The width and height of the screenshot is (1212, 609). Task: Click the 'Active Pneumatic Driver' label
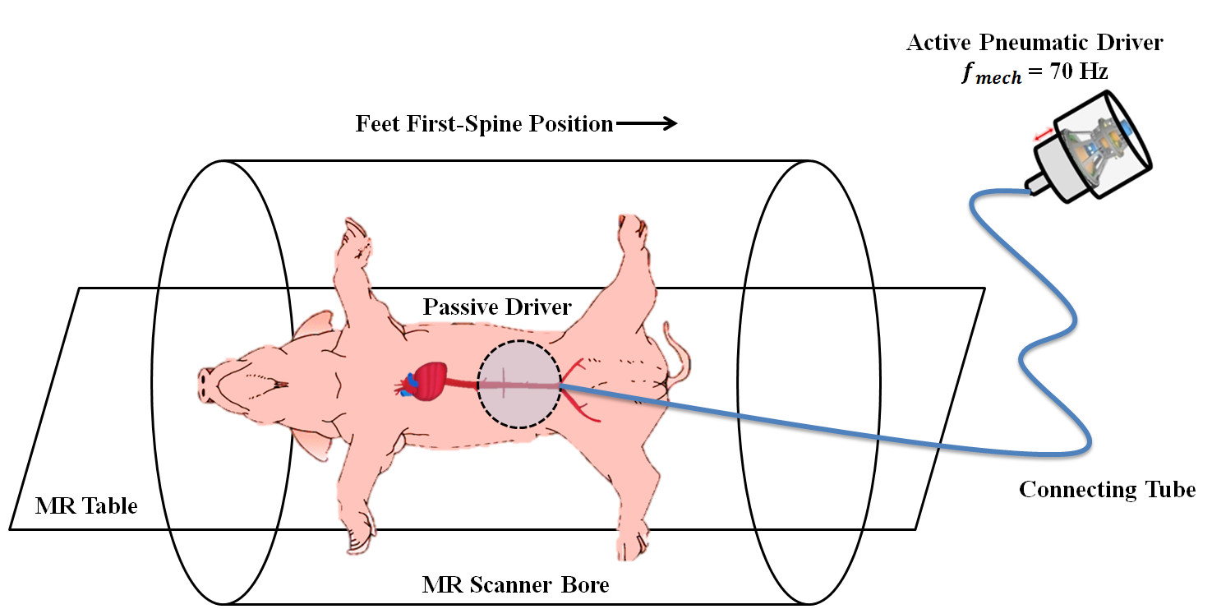click(1035, 43)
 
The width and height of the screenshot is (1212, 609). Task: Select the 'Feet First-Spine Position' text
click(484, 124)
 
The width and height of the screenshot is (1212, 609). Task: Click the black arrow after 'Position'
click(647, 124)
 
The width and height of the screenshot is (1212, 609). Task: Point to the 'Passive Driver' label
click(497, 307)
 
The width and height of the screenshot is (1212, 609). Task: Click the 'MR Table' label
click(86, 505)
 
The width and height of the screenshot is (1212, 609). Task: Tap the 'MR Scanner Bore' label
click(515, 585)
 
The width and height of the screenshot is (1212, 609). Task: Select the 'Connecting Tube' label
click(1107, 490)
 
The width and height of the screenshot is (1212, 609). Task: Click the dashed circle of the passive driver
click(519, 384)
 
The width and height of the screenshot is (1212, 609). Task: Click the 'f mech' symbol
click(991, 74)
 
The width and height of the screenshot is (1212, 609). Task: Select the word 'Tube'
click(1166, 490)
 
